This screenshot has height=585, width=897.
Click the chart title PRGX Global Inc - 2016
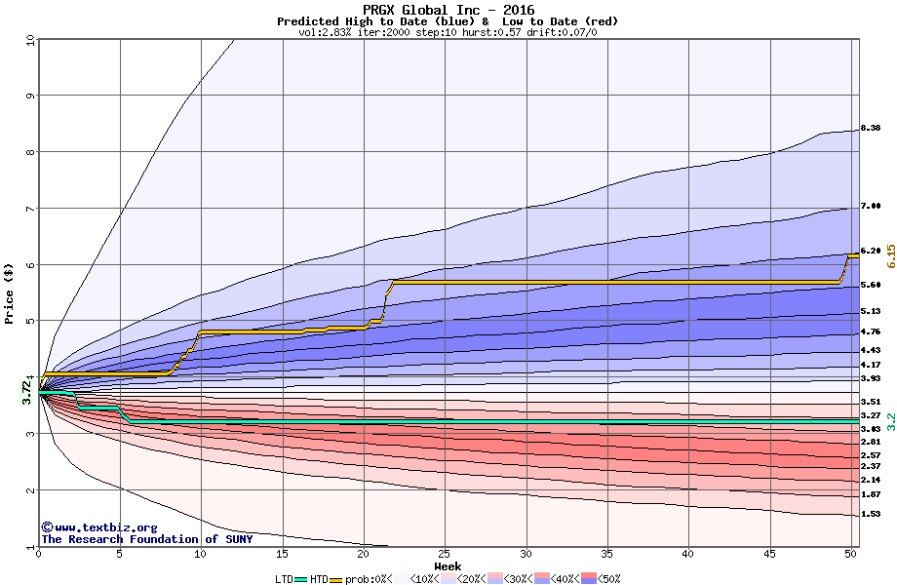click(x=448, y=11)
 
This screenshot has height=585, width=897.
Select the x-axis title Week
click(x=448, y=565)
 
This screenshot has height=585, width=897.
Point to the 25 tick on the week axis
click(x=445, y=554)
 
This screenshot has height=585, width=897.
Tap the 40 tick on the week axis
click(x=688, y=554)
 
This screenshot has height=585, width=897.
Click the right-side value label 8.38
click(x=871, y=129)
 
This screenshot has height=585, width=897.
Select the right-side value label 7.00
click(x=871, y=206)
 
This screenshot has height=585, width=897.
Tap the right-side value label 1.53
click(x=871, y=514)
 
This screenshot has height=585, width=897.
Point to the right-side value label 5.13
click(x=871, y=311)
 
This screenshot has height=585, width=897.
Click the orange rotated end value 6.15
click(x=889, y=259)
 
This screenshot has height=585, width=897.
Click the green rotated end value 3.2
click(x=889, y=421)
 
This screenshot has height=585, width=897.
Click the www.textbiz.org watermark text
click(x=92, y=527)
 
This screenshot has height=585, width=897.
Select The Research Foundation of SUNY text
click(x=146, y=539)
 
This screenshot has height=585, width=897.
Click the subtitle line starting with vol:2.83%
click(x=448, y=32)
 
